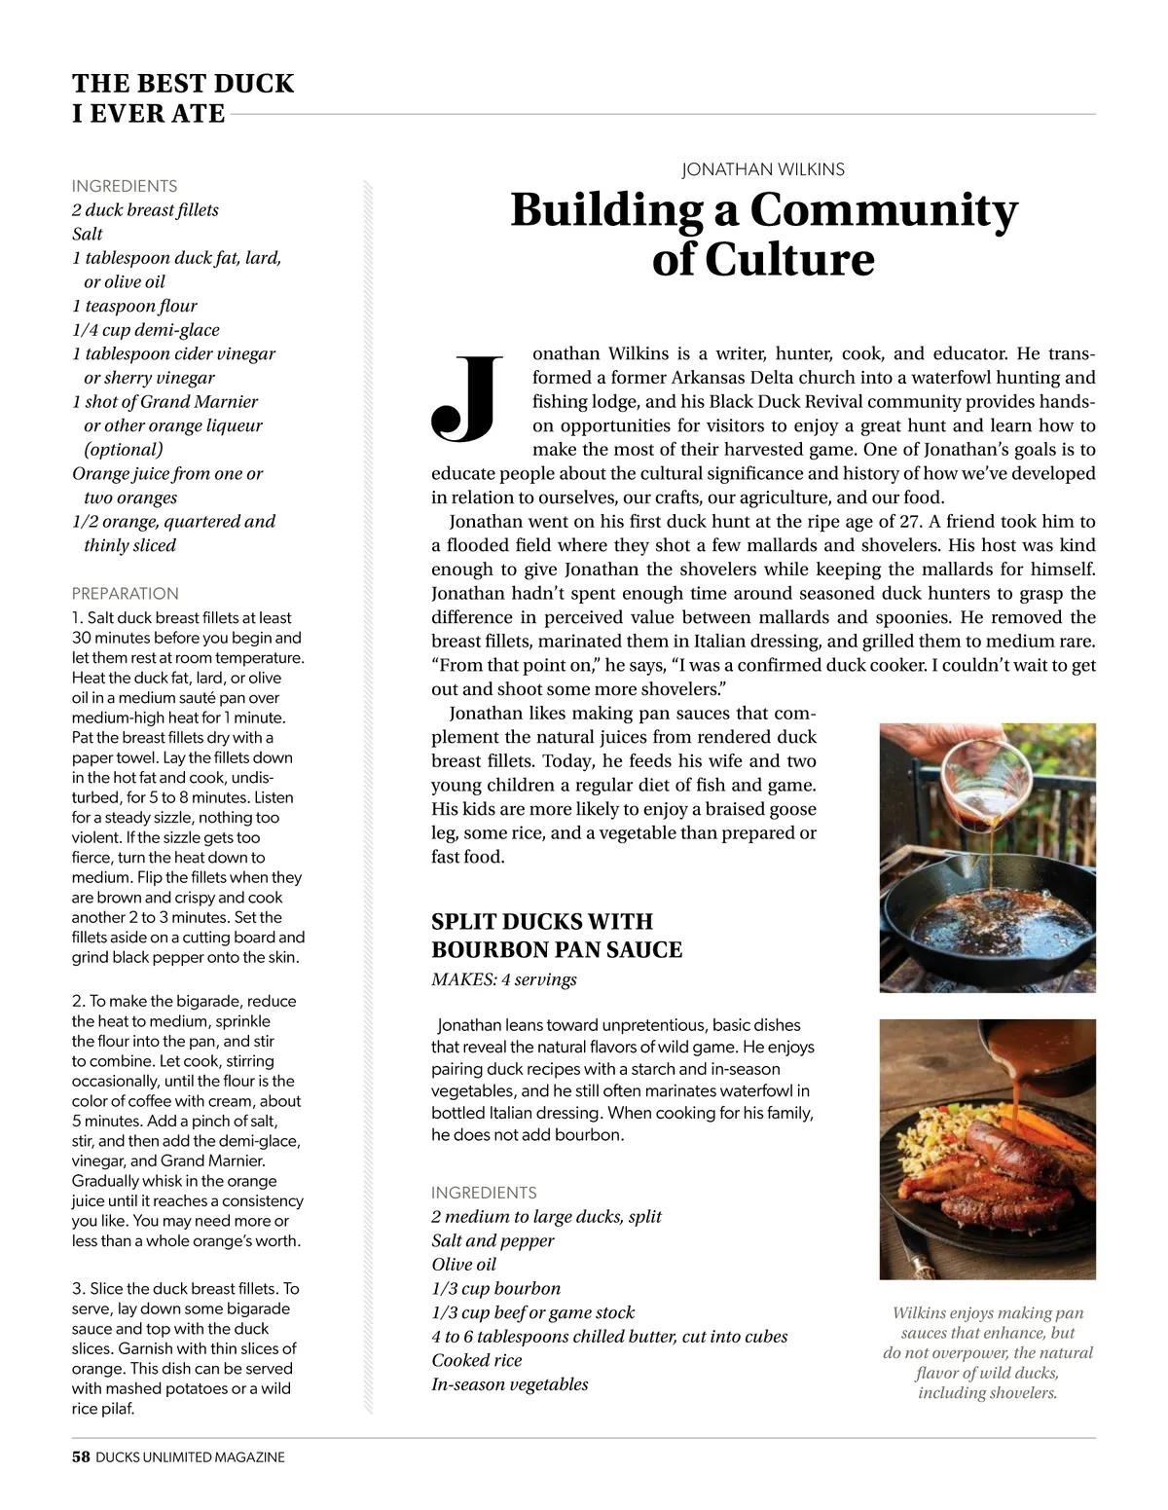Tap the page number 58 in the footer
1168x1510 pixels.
tap(81, 1457)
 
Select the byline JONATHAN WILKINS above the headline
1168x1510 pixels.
tap(763, 169)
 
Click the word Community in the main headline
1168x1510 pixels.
tap(883, 210)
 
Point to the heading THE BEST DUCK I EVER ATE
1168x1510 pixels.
tap(183, 98)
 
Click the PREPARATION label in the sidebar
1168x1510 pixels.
tap(126, 593)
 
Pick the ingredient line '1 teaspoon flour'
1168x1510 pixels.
tap(134, 306)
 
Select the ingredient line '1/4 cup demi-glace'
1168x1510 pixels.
tap(146, 330)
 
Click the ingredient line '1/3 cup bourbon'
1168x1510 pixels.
tap(496, 1288)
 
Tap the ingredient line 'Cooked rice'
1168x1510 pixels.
tap(477, 1360)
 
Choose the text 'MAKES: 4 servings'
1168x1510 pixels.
tap(504, 979)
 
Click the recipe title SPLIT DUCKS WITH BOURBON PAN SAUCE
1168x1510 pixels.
tap(557, 936)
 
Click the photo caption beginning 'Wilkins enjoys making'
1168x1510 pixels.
tap(988, 1352)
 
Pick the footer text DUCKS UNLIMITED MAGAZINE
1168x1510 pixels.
tap(191, 1457)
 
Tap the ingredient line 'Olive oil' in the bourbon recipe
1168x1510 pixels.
tap(464, 1264)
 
